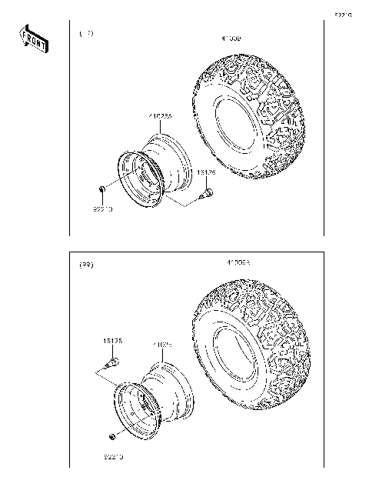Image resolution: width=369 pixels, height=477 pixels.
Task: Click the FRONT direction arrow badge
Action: coord(33,39)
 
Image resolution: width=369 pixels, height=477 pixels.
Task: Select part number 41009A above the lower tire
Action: coord(239,262)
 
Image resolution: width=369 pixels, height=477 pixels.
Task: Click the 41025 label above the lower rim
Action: coord(161,345)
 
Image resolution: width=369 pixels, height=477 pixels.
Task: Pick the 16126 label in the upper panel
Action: coord(206,174)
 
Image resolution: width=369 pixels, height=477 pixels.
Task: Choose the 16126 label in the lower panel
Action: coord(113,339)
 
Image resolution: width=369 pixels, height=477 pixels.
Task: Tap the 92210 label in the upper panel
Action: coord(103,208)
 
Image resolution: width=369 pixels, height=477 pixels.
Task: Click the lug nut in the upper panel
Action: coord(101,189)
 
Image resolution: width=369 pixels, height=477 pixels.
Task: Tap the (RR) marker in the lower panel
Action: coord(87,265)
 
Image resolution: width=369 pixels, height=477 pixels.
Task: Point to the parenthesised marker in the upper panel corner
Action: coord(87,34)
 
